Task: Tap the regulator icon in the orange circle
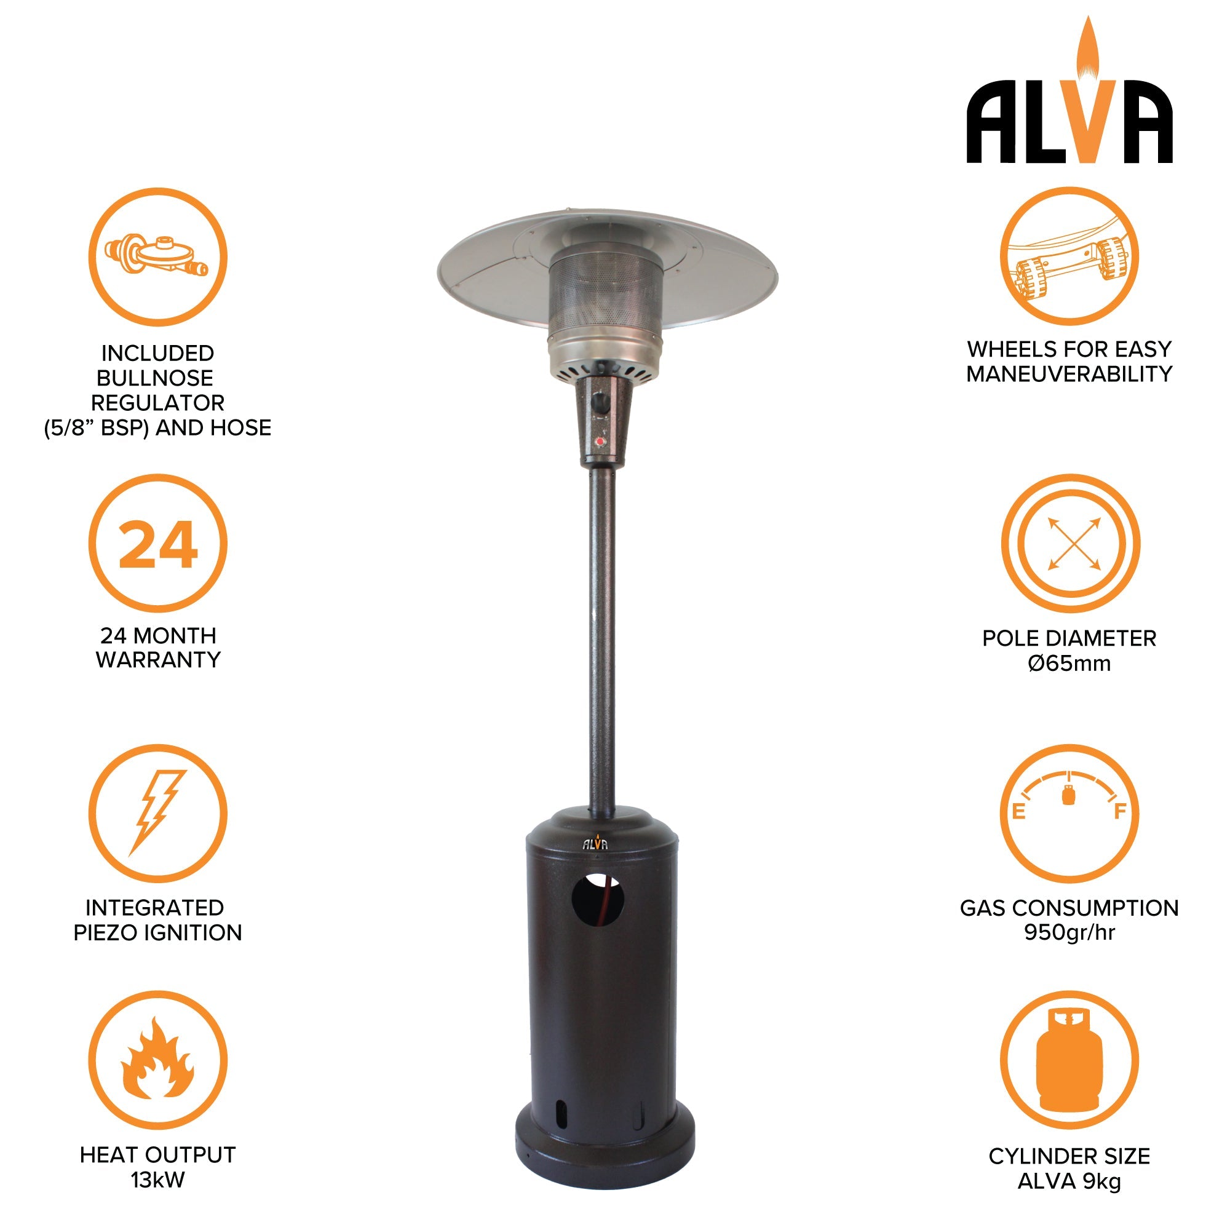click(157, 256)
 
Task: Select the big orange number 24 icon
click(158, 544)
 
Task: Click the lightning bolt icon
click(157, 813)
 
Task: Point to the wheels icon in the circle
click(1069, 256)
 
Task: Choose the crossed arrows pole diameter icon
click(1073, 543)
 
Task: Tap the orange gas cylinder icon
click(1069, 1060)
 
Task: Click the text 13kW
click(157, 1180)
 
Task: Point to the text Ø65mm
click(1069, 663)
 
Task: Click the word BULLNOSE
click(155, 378)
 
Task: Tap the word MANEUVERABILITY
click(1069, 375)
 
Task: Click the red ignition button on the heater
click(600, 440)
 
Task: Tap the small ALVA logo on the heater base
click(595, 843)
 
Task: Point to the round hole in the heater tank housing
click(597, 900)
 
